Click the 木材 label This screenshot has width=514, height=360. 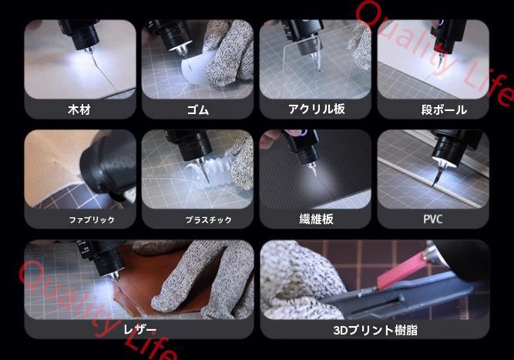79,109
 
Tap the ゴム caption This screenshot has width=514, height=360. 197,109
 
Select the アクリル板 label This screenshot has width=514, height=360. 316,109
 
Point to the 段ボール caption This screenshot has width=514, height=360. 443,109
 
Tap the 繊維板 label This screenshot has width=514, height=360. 316,219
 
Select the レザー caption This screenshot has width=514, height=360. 139,330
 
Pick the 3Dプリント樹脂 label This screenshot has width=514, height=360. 375,330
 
